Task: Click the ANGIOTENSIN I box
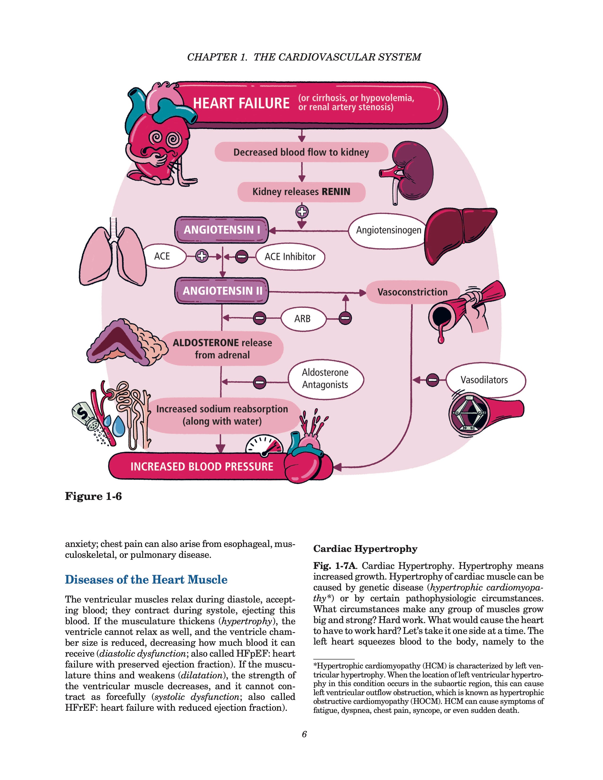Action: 222,230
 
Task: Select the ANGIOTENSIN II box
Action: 222,291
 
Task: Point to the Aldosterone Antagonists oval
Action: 325,379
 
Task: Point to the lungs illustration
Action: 113,254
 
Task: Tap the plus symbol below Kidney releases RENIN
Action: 302,212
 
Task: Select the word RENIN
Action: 336,192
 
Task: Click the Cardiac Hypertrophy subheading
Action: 365,549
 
